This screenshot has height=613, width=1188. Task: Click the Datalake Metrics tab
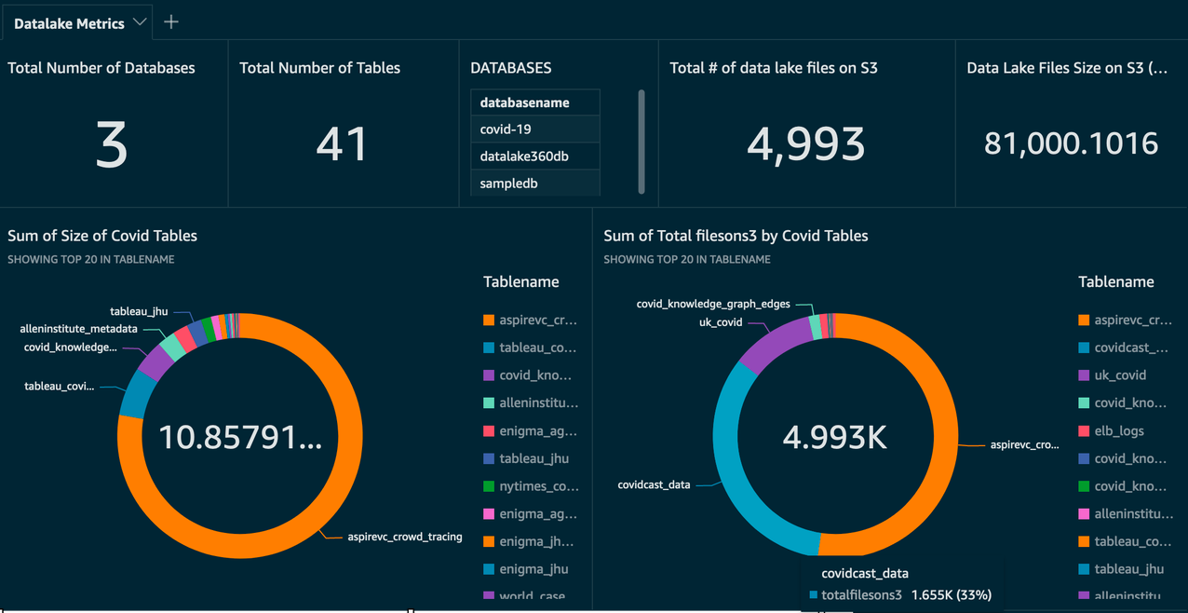(69, 23)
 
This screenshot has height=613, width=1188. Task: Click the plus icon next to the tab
(171, 22)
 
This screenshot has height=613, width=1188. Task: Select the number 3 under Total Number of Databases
(112, 145)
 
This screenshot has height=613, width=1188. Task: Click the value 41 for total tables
(343, 144)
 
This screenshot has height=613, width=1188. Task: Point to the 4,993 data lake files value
(805, 143)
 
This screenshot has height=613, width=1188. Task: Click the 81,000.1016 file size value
(1071, 143)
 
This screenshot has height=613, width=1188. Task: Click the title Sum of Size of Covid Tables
(102, 236)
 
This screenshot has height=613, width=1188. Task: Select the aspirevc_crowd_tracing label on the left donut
(404, 537)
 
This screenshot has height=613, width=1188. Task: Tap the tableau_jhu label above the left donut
(139, 311)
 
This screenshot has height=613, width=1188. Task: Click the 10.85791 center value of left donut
(240, 437)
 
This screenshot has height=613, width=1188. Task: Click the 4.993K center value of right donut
(835, 437)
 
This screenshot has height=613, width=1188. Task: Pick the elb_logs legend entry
(1118, 431)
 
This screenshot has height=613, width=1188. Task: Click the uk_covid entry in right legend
(1119, 375)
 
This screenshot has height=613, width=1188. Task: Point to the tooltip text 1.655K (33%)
(951, 594)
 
